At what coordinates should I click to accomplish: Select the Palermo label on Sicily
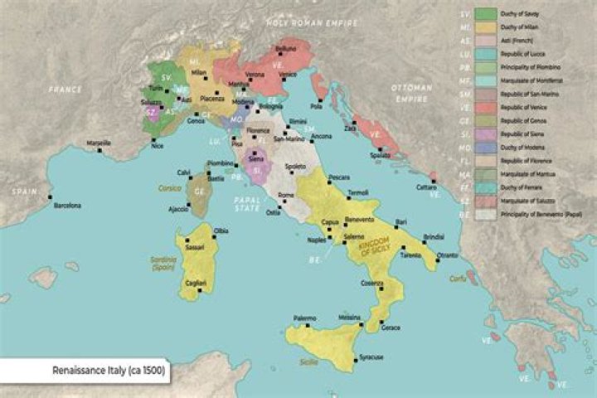pyautogui.click(x=304, y=318)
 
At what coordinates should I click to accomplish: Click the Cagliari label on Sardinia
pyautogui.click(x=196, y=284)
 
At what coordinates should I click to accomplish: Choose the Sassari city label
pyautogui.click(x=196, y=247)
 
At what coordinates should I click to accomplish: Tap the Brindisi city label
pyautogui.click(x=434, y=236)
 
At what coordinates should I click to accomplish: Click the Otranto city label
pyautogui.click(x=447, y=255)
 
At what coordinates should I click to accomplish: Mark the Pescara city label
pyautogui.click(x=338, y=177)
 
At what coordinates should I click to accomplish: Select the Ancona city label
pyautogui.click(x=322, y=135)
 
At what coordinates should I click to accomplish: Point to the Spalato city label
pyautogui.click(x=381, y=155)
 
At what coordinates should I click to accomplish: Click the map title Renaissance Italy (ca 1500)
pyautogui.click(x=109, y=371)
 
